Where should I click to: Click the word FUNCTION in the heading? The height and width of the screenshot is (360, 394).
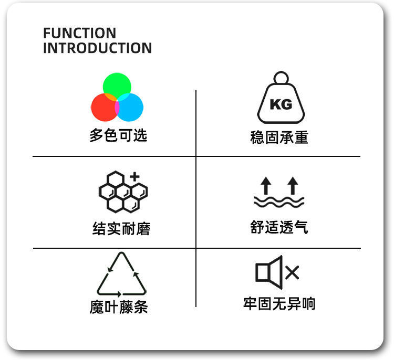(79, 33)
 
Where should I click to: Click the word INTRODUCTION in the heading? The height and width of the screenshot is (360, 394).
(97, 48)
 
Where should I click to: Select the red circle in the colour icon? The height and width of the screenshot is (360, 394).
(103, 108)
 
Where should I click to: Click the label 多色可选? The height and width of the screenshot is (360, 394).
(118, 135)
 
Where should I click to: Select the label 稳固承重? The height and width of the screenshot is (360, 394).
(279, 138)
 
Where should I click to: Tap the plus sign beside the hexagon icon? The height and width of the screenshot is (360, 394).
(135, 176)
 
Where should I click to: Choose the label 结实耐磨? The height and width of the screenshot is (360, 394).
(121, 229)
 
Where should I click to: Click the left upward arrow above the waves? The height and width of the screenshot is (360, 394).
(266, 185)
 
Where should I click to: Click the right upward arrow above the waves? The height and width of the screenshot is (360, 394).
(293, 185)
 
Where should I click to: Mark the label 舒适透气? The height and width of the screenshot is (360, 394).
(279, 228)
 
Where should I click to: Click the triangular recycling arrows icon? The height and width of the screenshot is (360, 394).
(121, 276)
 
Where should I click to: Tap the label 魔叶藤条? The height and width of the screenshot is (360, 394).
(119, 308)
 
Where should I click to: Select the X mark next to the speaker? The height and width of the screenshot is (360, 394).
(292, 272)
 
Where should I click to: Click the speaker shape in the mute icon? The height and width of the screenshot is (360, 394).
(269, 271)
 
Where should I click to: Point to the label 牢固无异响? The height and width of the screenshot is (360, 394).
(279, 303)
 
